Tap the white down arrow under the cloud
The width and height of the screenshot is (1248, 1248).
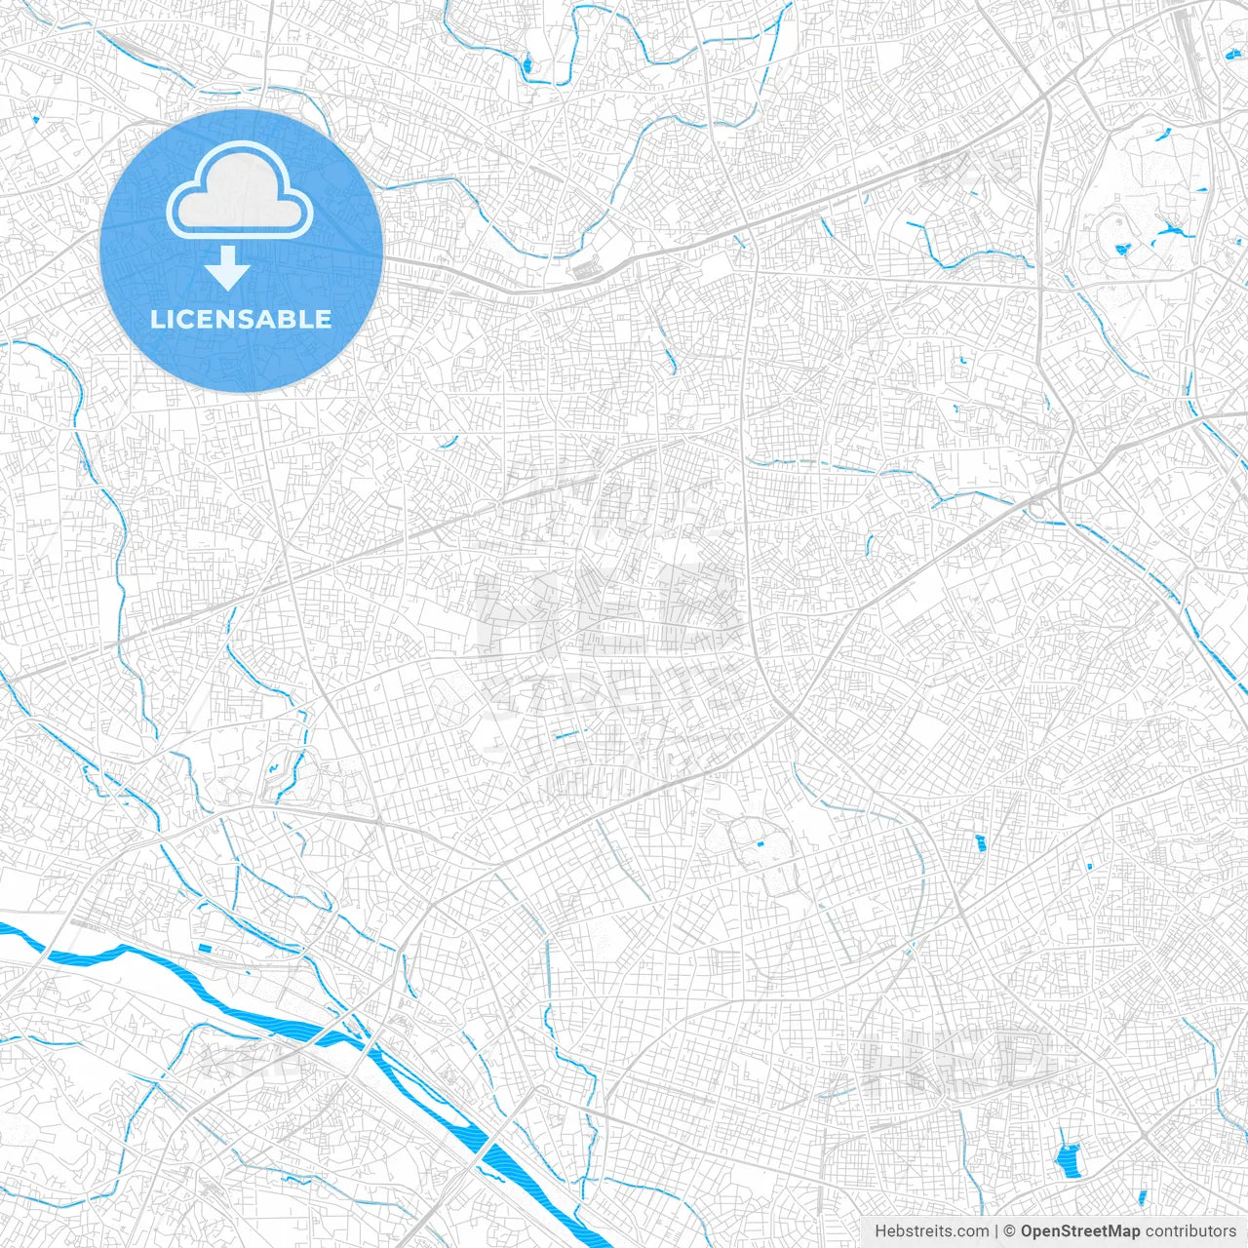[x=228, y=267]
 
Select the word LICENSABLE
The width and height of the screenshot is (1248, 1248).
[x=241, y=319]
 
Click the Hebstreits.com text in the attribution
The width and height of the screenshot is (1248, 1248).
[x=931, y=1231]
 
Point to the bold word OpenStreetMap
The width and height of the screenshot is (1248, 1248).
[x=1080, y=1231]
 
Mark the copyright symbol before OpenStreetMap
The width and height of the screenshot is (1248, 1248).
[x=1010, y=1231]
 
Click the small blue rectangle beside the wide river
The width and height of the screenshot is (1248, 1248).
[x=205, y=947]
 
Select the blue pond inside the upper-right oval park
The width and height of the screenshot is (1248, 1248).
[x=1121, y=250]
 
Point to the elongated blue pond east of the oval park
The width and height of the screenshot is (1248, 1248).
[x=1170, y=233]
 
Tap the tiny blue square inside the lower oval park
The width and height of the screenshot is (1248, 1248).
[x=760, y=843]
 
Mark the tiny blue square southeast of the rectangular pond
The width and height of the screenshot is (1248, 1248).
[x=1089, y=865]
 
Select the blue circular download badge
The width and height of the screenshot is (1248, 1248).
[x=241, y=251]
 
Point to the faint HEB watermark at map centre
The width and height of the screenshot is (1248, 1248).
[x=609, y=609]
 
